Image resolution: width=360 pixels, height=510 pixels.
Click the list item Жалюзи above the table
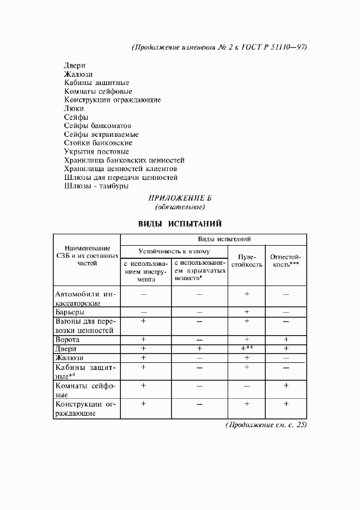tap(78, 74)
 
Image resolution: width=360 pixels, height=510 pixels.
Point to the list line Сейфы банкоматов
tap(97, 125)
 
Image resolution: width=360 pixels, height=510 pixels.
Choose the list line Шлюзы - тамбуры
tap(96, 186)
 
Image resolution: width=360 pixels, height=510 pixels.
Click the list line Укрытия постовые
tap(96, 151)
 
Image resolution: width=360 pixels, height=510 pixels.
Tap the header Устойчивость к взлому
tap(174, 251)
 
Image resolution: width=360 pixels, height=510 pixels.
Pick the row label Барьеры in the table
tap(70, 312)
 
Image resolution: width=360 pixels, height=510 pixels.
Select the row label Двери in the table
tap(66, 348)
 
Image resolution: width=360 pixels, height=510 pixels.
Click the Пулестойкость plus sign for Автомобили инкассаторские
tap(247, 294)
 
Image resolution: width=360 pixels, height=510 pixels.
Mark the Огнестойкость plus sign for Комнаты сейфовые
tap(286, 385)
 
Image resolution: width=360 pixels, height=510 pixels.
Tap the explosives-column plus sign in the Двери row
tap(199, 348)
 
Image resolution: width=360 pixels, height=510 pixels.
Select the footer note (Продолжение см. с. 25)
tap(266, 425)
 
